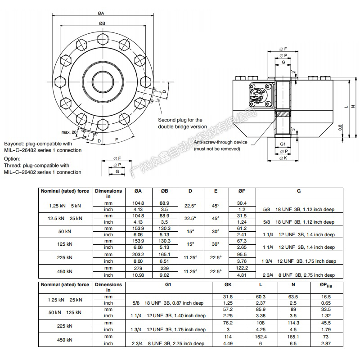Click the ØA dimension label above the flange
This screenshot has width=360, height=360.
click(x=101, y=13)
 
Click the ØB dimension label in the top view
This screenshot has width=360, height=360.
click(x=102, y=23)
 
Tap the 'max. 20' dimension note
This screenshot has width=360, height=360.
click(x=69, y=132)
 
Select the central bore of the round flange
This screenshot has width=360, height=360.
click(x=103, y=82)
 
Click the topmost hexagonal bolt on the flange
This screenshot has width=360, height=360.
click(x=103, y=39)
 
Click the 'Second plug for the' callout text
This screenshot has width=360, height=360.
click(x=180, y=120)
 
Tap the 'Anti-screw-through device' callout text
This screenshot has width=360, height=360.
click(x=220, y=142)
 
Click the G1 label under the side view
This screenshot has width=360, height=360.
click(x=283, y=144)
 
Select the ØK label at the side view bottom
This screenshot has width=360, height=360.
click(x=283, y=158)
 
